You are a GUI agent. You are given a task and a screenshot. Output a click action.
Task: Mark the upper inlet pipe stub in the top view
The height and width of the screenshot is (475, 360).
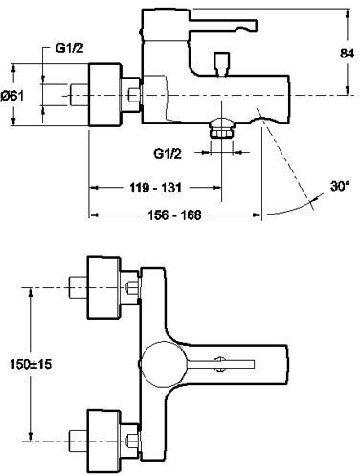(75, 283)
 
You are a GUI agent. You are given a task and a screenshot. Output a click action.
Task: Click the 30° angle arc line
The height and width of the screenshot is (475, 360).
(287, 208)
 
